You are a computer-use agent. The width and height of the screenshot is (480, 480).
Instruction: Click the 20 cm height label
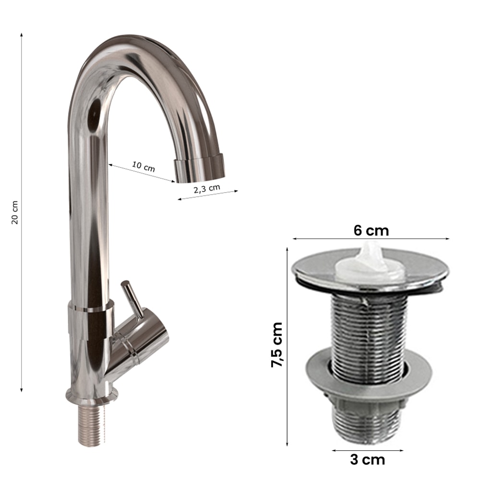pyautogui.click(x=15, y=213)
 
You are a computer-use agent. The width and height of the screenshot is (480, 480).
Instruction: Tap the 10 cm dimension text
pyautogui.click(x=144, y=167)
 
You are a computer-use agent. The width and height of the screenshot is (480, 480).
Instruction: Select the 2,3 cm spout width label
pyautogui.click(x=207, y=189)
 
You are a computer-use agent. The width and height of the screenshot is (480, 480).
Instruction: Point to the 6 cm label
pyautogui.click(x=371, y=230)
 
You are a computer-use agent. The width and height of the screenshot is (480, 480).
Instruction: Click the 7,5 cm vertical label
pyautogui.click(x=277, y=344)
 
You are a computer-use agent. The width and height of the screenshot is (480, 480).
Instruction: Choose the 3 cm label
pyautogui.click(x=367, y=460)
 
